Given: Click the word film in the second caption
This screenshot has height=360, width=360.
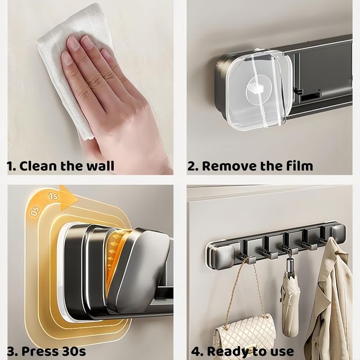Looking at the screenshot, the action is pos(299,165).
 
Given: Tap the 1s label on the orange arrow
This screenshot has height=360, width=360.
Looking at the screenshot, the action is pos(53,196).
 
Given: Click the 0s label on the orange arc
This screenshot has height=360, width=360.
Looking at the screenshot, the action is pos(35,211).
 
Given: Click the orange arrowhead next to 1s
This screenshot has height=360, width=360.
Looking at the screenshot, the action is pos(68,198).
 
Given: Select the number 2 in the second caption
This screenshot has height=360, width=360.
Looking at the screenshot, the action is pos(191,166).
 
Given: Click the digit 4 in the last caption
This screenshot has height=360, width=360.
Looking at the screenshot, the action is pos(196,352).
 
